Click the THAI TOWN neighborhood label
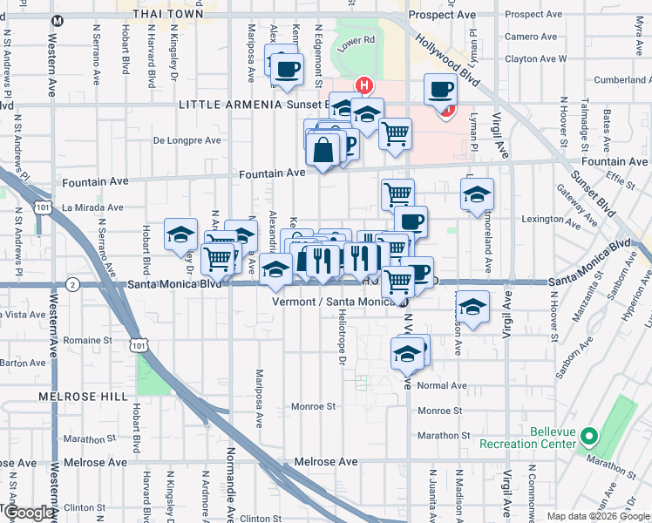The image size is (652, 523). pyautogui.click(x=171, y=14)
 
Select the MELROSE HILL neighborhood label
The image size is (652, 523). pyautogui.click(x=78, y=396)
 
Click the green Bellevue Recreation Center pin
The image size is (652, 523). pyautogui.click(x=589, y=435)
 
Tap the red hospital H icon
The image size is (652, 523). pyautogui.click(x=363, y=86)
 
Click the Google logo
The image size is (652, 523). pyautogui.click(x=30, y=513)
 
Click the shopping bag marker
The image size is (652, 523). pyautogui.click(x=323, y=150)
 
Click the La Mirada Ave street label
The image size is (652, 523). pyautogui.click(x=92, y=207)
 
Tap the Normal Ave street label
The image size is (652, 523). pyautogui.click(x=442, y=385)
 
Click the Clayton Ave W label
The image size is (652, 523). pyautogui.click(x=536, y=59)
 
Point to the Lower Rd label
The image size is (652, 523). pyautogui.click(x=357, y=40)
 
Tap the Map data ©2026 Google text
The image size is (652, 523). pyautogui.click(x=597, y=516)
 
